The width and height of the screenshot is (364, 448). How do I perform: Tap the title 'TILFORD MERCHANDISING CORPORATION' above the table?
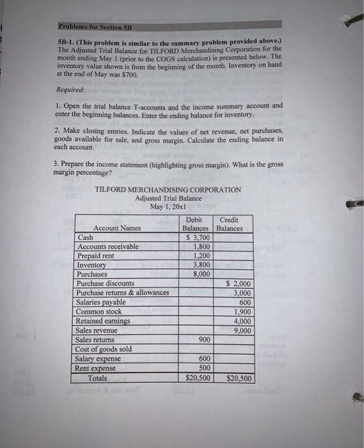pos(168,189)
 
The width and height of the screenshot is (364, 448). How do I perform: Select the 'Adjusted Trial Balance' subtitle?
pos(168,198)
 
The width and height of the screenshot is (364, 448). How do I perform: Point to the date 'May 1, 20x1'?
pos(168,207)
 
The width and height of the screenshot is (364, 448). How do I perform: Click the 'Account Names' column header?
pos(117,228)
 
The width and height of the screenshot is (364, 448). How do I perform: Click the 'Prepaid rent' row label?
pos(96,255)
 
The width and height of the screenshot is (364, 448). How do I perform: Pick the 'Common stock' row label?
pos(99,312)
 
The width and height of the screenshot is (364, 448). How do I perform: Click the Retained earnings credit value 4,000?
pos(242,321)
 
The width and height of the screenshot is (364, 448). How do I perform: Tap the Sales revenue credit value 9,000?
pos(242,330)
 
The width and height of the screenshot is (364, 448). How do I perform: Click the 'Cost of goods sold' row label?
pos(104,349)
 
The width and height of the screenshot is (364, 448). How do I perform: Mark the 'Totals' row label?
pos(98,378)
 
